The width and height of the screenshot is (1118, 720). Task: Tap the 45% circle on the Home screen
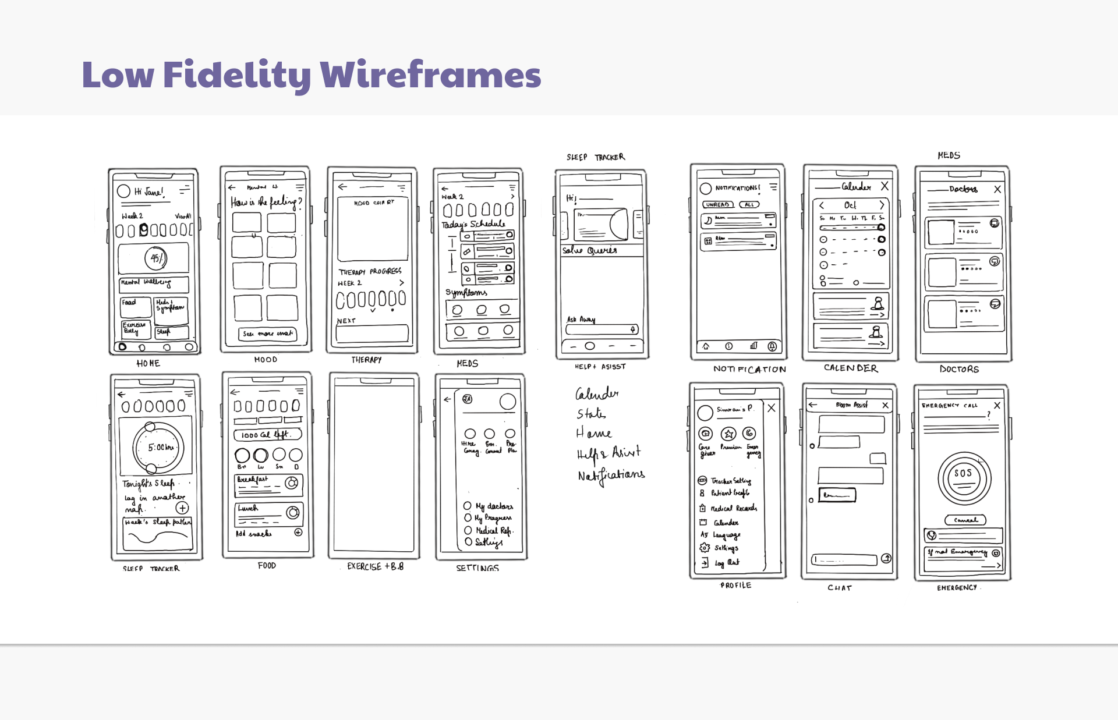click(x=157, y=258)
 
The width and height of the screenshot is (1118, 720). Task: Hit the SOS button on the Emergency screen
click(x=963, y=474)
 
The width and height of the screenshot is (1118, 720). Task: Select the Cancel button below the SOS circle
click(x=965, y=520)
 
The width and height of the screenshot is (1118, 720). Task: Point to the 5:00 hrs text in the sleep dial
click(x=160, y=448)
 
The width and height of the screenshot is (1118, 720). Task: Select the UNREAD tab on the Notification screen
click(x=718, y=205)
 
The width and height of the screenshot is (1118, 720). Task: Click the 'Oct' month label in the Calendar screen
click(x=850, y=205)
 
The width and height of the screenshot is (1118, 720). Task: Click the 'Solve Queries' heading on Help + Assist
click(x=589, y=250)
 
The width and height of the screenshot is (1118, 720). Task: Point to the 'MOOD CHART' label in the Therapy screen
click(x=374, y=203)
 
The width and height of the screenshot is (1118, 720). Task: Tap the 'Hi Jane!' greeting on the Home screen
click(x=149, y=191)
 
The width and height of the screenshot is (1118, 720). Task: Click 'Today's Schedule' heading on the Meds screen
click(x=473, y=224)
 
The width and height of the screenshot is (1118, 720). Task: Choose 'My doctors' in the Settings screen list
click(x=494, y=506)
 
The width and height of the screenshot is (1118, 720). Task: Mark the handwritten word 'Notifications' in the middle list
click(x=611, y=476)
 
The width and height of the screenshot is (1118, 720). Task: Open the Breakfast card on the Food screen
click(x=268, y=485)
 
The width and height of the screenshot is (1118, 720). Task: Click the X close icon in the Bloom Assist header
click(x=885, y=405)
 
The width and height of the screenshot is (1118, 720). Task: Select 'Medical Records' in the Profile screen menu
click(x=733, y=508)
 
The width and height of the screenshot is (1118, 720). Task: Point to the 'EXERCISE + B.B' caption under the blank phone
click(x=375, y=566)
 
